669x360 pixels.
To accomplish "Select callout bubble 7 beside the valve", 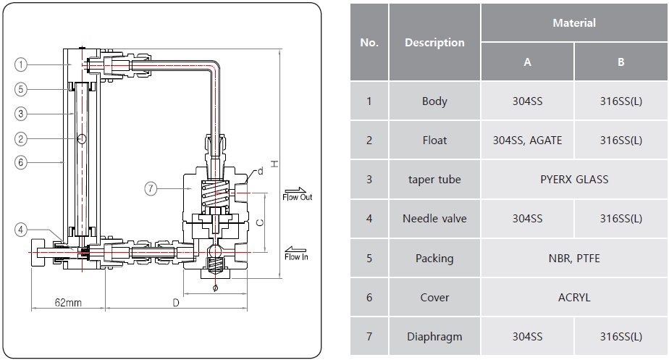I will (150, 188).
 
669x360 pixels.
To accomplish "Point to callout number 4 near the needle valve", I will (21, 230).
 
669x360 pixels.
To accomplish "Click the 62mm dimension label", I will (67, 302).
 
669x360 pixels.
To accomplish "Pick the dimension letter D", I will (175, 302).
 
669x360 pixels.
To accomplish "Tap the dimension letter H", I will (274, 164).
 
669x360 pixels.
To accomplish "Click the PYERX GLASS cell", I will (573, 180).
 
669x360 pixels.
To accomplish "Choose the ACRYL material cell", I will (573, 298).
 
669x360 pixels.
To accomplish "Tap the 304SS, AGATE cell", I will (527, 141).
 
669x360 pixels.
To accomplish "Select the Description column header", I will (434, 43).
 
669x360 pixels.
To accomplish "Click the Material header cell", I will (573, 23).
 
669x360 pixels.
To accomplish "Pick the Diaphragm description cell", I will (434, 337).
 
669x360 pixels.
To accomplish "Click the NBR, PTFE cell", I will (573, 259).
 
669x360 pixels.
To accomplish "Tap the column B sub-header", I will (620, 62).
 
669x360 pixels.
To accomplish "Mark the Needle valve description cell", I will (434, 219).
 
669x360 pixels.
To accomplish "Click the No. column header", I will (369, 43).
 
